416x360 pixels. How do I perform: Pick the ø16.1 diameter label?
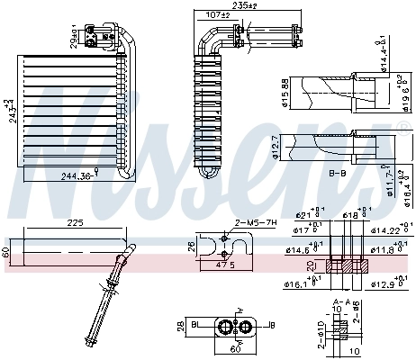click(299, 283)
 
